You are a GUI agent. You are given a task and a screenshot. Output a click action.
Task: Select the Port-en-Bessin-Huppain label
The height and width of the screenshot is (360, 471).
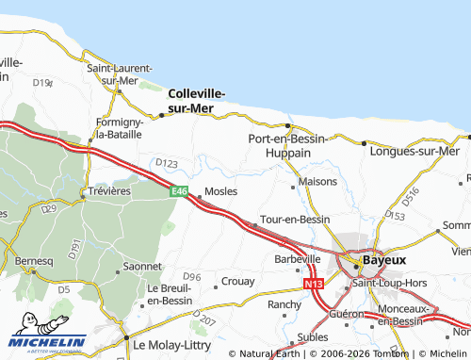pos(287,144)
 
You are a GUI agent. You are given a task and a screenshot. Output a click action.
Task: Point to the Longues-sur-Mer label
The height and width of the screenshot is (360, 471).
pos(415,151)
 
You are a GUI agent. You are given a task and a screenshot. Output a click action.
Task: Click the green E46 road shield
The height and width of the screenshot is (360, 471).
pos(179,191)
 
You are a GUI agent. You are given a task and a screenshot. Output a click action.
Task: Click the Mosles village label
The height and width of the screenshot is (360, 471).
pos(220,190)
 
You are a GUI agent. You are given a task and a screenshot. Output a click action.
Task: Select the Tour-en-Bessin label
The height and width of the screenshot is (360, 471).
pos(294,219)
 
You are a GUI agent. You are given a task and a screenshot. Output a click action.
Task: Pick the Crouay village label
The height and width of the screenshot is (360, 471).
pos(235,282)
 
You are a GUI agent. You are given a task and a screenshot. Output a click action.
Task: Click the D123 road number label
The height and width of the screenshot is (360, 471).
pos(166,164)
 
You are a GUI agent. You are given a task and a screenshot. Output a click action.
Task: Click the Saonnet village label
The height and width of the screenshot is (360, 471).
pos(142,267)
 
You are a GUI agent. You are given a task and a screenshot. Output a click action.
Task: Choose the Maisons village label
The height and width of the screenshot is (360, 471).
pos(317,181)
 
